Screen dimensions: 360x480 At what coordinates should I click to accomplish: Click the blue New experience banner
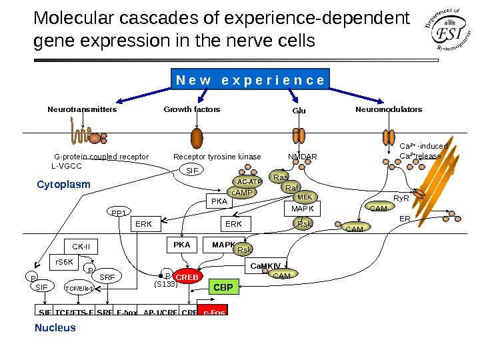coord(250,80)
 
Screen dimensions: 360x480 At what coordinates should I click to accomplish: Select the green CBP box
coord(223,287)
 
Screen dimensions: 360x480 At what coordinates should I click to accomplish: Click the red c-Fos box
coord(213,311)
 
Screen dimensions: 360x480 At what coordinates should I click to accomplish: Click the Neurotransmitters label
coord(82,109)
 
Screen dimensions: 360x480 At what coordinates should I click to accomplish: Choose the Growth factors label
coord(192,109)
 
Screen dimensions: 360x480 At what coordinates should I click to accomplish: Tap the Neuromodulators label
coord(389,109)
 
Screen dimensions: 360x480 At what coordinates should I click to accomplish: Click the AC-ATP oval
coord(250,181)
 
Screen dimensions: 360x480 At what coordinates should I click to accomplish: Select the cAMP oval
coord(242,193)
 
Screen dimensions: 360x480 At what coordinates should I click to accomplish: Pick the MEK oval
coord(305,197)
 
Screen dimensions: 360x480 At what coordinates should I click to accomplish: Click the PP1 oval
coord(119,213)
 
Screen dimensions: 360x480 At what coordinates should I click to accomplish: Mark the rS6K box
coord(65,262)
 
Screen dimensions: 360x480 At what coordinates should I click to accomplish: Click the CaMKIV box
coord(265,265)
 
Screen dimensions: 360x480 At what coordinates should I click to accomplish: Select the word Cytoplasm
coord(63,184)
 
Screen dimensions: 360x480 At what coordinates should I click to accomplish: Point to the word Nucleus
coord(55,328)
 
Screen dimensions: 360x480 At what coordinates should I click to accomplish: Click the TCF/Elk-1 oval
coord(79,288)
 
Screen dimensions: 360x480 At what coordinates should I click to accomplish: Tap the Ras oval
coord(281,177)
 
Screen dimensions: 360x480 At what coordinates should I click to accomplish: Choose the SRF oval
coord(107,277)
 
